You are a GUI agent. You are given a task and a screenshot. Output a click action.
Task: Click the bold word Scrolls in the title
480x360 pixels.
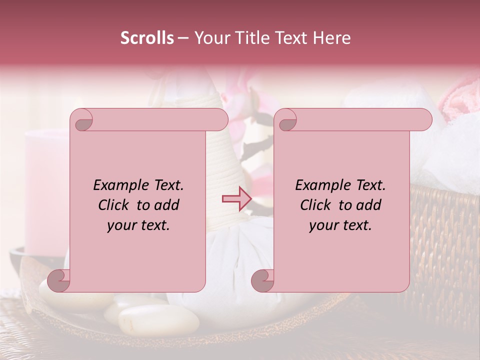147,38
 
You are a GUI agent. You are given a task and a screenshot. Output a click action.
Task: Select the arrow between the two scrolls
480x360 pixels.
236,198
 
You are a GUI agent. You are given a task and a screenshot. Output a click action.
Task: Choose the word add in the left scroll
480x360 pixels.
167,205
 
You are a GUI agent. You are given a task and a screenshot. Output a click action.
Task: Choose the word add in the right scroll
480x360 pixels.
369,205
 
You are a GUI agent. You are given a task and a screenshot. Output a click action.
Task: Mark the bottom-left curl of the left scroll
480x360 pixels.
59,281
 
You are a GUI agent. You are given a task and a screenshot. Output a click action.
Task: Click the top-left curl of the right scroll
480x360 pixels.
286,120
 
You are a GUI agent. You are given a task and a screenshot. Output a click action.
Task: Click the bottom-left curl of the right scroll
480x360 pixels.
263,281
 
